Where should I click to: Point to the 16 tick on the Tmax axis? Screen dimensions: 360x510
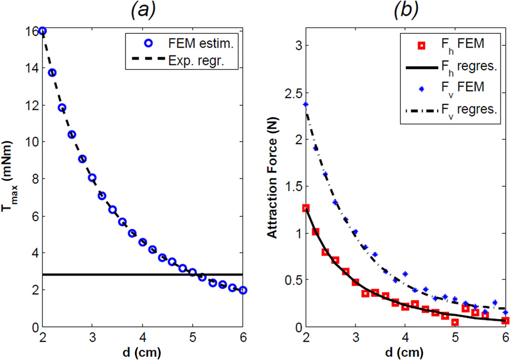click(33, 31)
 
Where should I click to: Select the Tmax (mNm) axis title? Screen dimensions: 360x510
click(12, 179)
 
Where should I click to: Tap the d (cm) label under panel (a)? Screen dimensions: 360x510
click(143, 350)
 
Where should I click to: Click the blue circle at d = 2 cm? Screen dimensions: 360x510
click(43, 31)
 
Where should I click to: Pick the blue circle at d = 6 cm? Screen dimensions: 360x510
click(243, 290)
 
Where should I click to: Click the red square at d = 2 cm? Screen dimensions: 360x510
click(306, 208)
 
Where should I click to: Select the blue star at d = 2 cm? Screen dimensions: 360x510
click(306, 105)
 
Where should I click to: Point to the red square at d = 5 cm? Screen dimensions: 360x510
click(455, 322)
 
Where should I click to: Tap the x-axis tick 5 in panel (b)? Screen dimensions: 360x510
click(455, 337)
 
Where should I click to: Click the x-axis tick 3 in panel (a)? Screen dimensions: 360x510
click(93, 337)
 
